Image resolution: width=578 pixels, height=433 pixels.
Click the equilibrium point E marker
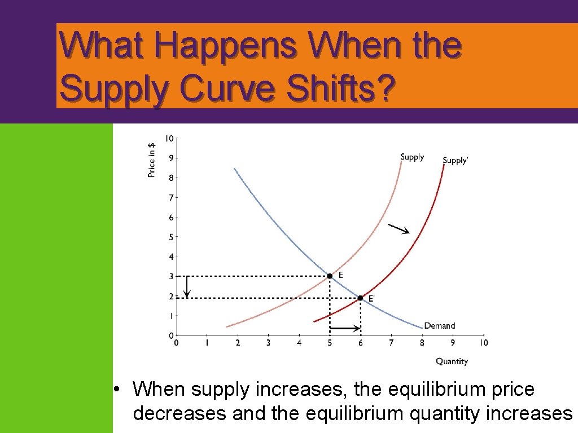[x=330, y=276]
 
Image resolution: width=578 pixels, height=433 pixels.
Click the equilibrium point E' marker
[x=360, y=298]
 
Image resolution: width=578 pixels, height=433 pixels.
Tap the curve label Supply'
[x=455, y=161]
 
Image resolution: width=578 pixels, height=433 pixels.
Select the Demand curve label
[x=439, y=326]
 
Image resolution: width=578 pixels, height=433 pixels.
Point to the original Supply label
[x=411, y=157]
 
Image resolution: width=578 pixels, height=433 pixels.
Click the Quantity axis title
[x=452, y=361]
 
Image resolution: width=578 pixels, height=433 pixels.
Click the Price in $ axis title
[x=151, y=160]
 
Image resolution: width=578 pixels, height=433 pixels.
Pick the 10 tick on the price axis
[x=169, y=138]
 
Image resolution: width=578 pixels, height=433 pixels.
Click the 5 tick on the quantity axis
[x=330, y=342]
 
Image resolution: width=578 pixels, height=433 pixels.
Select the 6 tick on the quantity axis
[x=361, y=342]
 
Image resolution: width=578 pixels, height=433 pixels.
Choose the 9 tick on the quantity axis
[x=453, y=342]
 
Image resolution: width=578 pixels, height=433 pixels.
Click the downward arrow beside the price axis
[x=187, y=286]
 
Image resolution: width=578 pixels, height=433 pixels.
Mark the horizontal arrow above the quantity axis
[x=345, y=328]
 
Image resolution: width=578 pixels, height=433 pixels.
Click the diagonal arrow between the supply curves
[x=399, y=228]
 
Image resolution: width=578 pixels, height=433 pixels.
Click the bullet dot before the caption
[x=115, y=389]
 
